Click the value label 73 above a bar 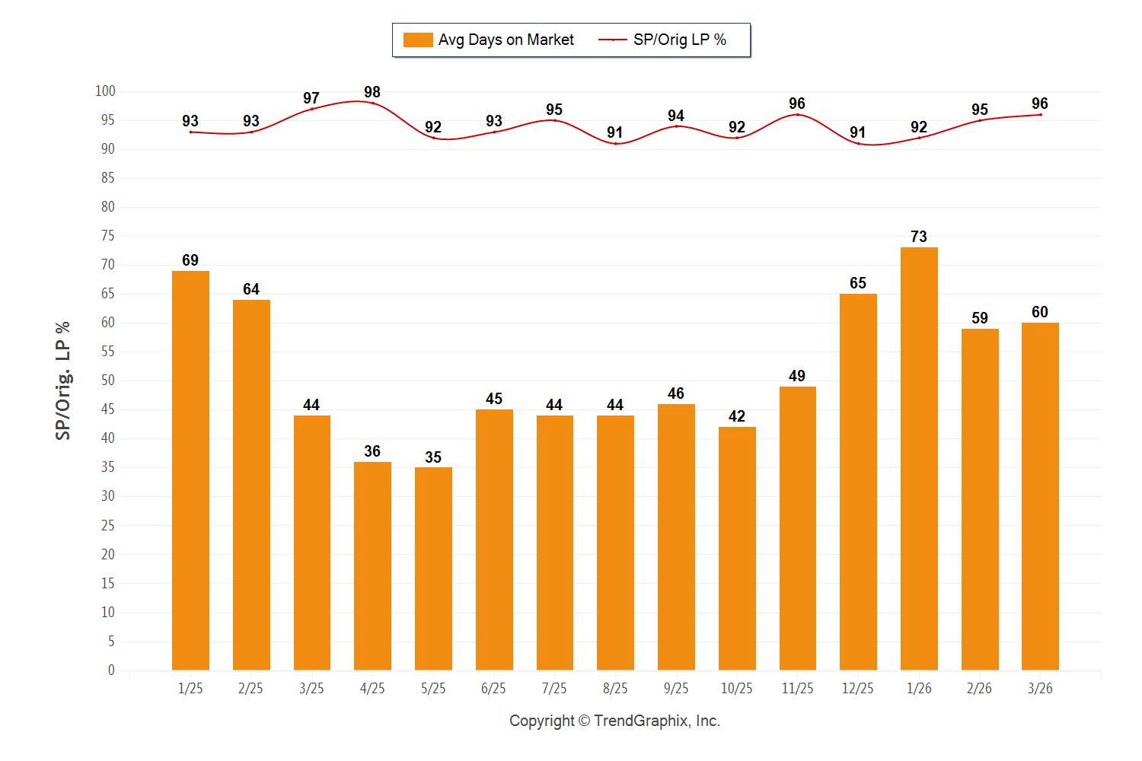pos(919,237)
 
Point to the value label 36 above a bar pos(372,451)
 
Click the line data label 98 pos(372,93)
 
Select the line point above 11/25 pos(797,115)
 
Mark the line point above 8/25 pos(615,144)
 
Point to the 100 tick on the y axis pos(105,91)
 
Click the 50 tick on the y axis pos(108,380)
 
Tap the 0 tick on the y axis pos(111,670)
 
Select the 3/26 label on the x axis pos(1040,689)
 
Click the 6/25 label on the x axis pos(493,689)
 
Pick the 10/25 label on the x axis pos(736,689)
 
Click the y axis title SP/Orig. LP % pos(63,380)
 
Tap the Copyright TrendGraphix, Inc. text pos(614,721)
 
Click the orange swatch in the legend pos(418,40)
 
